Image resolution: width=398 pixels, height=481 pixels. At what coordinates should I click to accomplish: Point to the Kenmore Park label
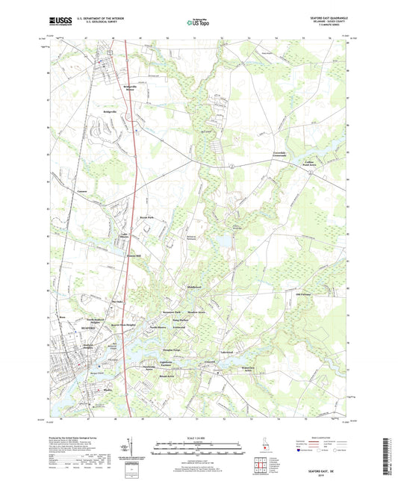(x=173, y=311)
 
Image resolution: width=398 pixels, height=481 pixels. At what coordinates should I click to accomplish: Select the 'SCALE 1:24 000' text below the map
(x=199, y=437)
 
